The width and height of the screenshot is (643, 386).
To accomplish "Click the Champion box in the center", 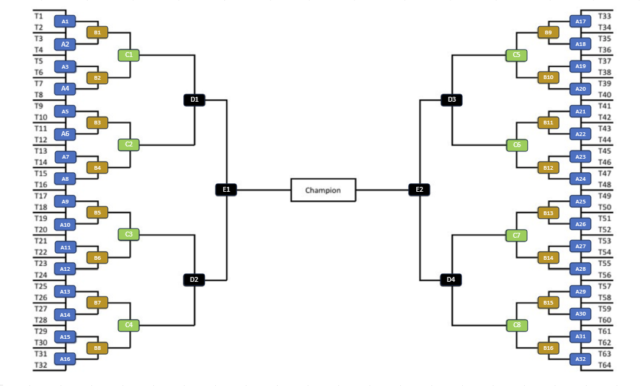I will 323,190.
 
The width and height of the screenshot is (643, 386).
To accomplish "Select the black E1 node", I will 226,190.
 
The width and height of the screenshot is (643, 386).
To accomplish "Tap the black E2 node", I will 419,190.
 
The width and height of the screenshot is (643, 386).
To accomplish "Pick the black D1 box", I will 194,99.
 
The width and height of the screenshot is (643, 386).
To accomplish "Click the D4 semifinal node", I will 451,280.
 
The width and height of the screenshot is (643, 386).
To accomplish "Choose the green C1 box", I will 129,55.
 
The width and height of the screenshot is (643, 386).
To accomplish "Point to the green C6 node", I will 517,145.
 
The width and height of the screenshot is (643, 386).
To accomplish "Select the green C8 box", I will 517,325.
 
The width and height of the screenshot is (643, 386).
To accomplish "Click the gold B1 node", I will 97,32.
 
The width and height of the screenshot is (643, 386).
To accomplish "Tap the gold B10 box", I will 548,78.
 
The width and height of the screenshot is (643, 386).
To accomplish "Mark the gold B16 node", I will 548,348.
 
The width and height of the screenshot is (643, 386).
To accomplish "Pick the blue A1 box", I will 66,21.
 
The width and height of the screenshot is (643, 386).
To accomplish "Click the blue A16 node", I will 66,359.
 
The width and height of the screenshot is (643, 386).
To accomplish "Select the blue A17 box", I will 580,21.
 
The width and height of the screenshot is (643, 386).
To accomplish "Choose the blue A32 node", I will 580,359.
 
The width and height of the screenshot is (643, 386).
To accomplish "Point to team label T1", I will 39,15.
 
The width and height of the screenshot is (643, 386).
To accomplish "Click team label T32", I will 40,365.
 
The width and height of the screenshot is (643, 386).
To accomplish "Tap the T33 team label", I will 604,16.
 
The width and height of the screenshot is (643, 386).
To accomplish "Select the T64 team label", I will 604,365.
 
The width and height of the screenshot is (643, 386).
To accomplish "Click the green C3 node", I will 129,235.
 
